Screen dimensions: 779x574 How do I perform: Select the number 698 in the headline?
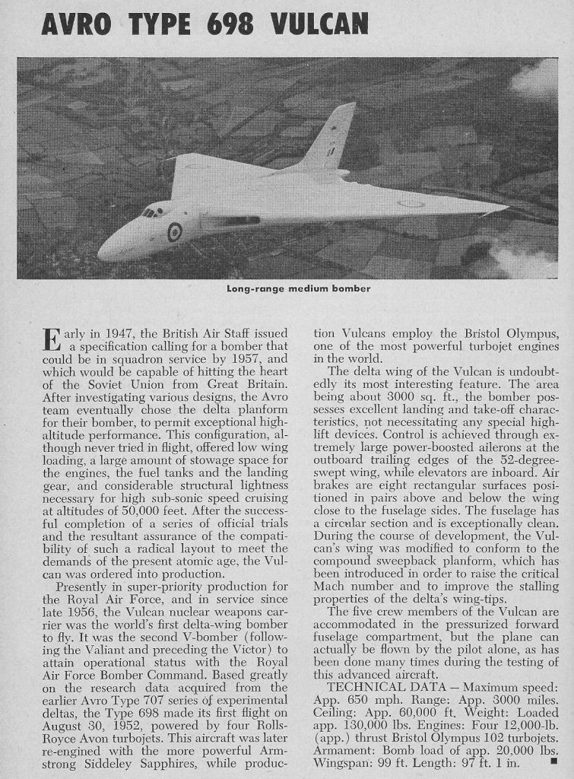[229, 25]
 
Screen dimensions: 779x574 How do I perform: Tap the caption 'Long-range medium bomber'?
[299, 288]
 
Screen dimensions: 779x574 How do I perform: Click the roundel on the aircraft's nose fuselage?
[174, 231]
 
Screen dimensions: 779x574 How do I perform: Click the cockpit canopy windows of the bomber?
[154, 211]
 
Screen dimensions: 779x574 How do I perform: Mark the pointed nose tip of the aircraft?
[101, 253]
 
